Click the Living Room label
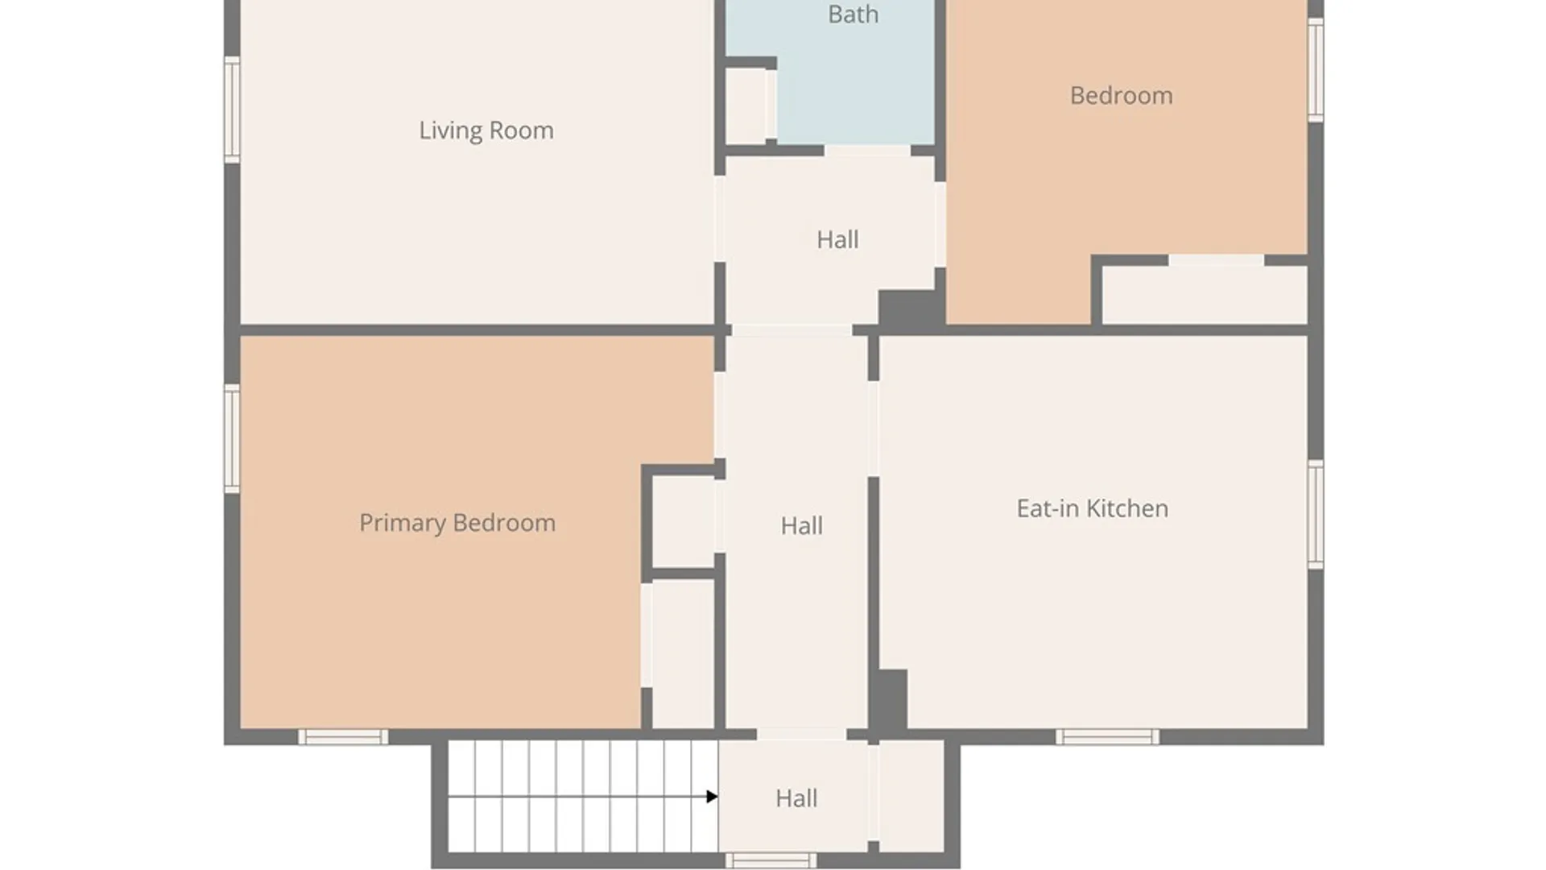[486, 130]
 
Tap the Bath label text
[853, 14]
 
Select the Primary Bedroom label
[457, 523]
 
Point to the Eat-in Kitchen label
[1092, 508]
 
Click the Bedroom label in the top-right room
[1121, 96]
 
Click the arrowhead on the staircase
[712, 797]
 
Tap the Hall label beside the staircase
[796, 798]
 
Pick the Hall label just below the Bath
[837, 239]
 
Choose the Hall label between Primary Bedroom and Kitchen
[801, 526]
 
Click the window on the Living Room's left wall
[232, 110]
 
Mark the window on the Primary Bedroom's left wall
[232, 439]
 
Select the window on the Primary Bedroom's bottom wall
[343, 736]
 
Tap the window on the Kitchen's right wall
[1316, 515]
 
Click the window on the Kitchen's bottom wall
[1107, 736]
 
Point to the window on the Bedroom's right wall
[1316, 70]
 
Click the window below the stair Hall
[771, 860]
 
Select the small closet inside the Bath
[746, 106]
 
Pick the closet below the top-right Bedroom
[1205, 295]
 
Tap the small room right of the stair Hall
[911, 796]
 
